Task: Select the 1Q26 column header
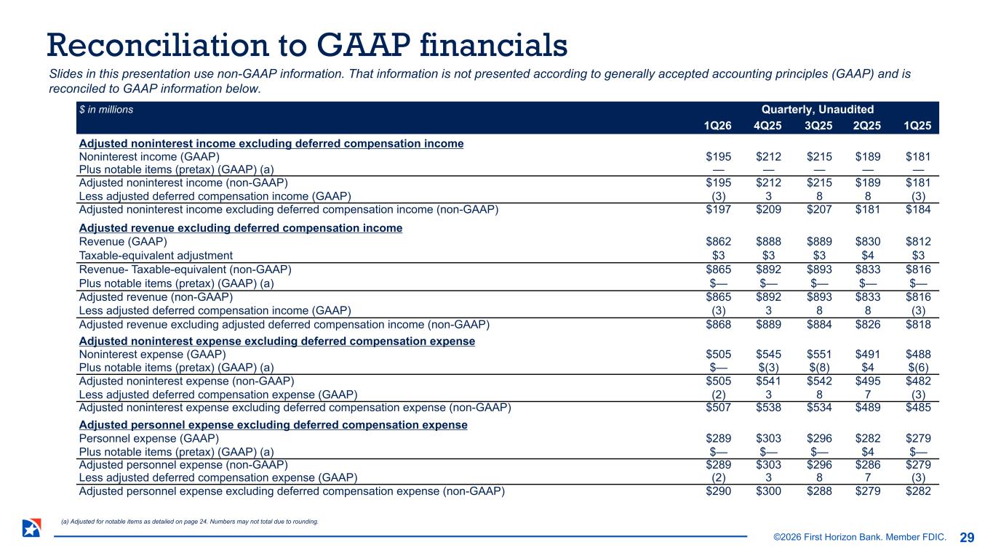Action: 717,125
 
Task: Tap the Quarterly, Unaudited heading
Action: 818,109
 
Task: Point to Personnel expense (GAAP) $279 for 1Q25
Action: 917,438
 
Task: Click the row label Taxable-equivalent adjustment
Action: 156,255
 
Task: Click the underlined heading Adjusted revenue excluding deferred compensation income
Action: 240,228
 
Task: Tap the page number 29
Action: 967,538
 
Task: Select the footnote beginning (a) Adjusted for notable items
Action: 191,521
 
